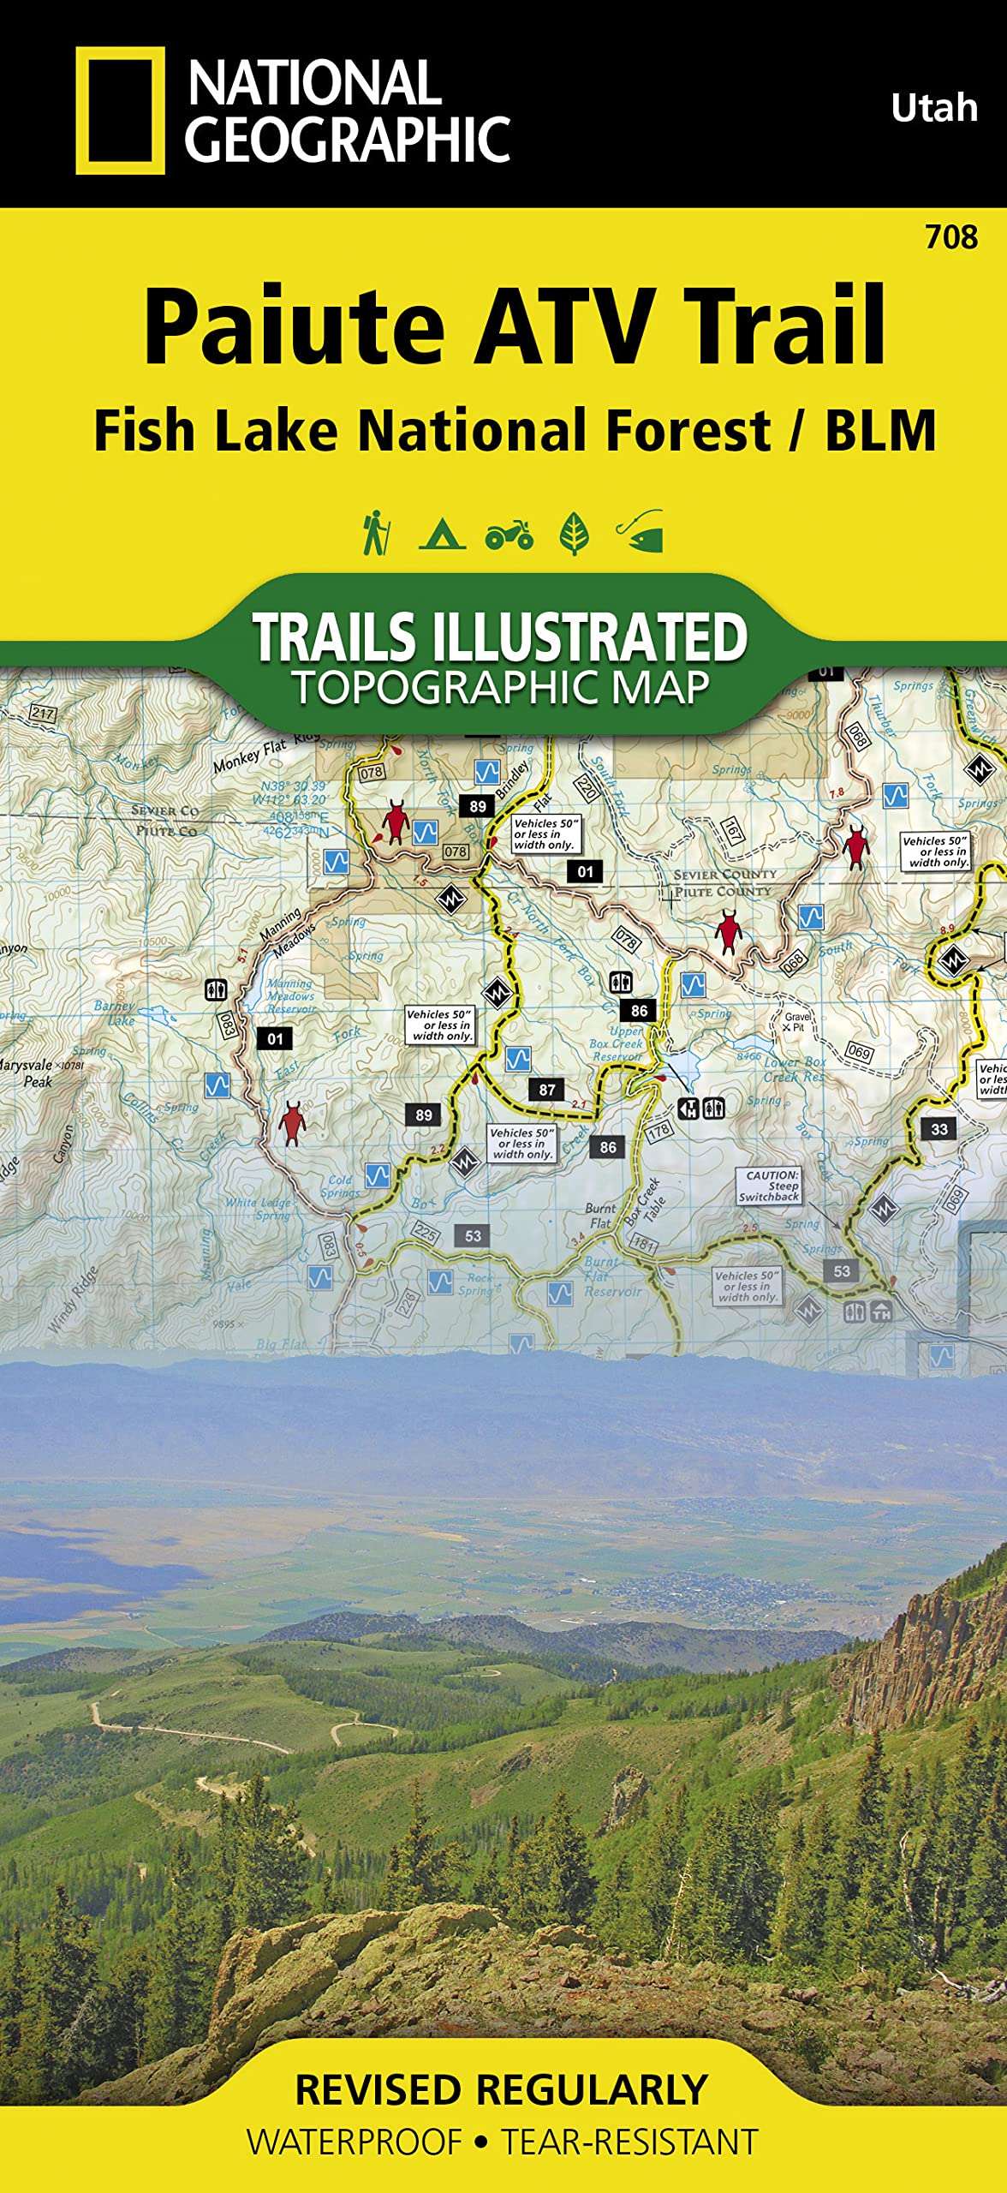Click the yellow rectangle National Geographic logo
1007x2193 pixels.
pyautogui.click(x=120, y=110)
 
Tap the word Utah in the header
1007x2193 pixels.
pyautogui.click(x=933, y=108)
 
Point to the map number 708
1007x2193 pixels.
pyautogui.click(x=950, y=237)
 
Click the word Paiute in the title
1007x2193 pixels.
pyautogui.click(x=295, y=327)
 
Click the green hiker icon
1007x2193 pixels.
pyautogui.click(x=376, y=533)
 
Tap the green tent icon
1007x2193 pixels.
pyautogui.click(x=442, y=534)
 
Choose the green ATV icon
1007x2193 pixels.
pyautogui.click(x=509, y=535)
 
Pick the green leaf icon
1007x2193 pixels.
pyautogui.click(x=574, y=534)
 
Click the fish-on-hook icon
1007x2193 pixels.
pyautogui.click(x=641, y=532)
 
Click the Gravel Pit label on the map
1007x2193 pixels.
pyautogui.click(x=796, y=1022)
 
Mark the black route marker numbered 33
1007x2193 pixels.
pyautogui.click(x=939, y=1129)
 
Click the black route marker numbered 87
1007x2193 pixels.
pyautogui.click(x=547, y=1090)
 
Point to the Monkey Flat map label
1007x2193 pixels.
pyautogui.click(x=250, y=756)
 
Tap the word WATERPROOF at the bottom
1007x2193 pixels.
pyautogui.click(x=355, y=2142)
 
